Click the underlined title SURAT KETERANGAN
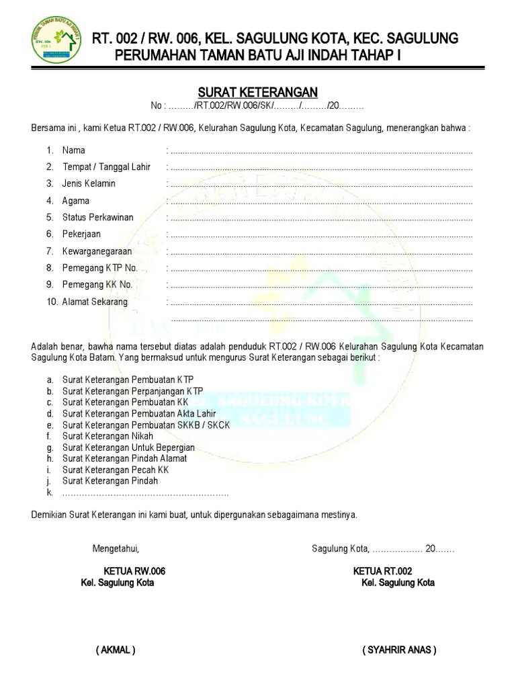[257, 92]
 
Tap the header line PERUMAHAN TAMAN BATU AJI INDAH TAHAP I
[257, 55]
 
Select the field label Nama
[74, 150]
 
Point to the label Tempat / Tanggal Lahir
[106, 167]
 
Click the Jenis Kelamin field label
[89, 183]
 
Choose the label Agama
[76, 201]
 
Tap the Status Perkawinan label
[97, 218]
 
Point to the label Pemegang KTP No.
[99, 268]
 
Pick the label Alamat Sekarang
[95, 302]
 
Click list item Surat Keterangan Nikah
[107, 436]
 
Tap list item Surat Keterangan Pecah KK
[116, 470]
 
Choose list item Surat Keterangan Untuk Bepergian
[128, 447]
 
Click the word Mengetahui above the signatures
[116, 549]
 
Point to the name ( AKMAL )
[116, 650]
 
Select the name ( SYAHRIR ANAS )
[398, 650]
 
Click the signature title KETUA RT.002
[382, 571]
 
